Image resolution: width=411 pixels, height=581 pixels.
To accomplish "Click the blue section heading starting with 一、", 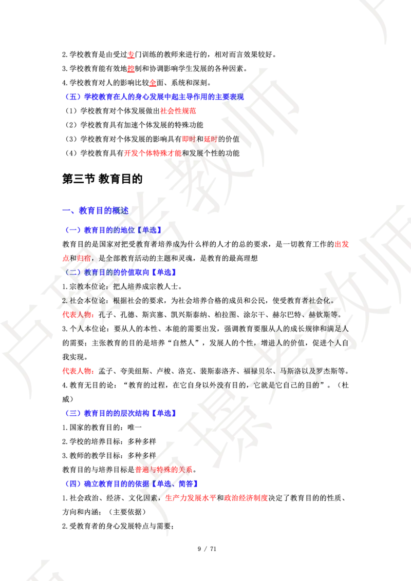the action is tap(96, 210).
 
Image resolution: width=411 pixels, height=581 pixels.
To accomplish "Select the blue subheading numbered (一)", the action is tap(113, 230).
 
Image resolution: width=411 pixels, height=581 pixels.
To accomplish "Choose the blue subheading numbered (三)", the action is tap(121, 413).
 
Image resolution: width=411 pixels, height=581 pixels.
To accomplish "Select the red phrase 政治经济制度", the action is tap(247, 498).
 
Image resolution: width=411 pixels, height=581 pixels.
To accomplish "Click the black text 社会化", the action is tap(319, 300).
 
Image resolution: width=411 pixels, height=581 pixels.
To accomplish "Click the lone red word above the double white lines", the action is tap(341, 245).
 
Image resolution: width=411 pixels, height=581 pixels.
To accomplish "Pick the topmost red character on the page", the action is tap(131, 54).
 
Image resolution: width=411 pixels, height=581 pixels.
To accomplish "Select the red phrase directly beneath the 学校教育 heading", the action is tap(178, 110).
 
